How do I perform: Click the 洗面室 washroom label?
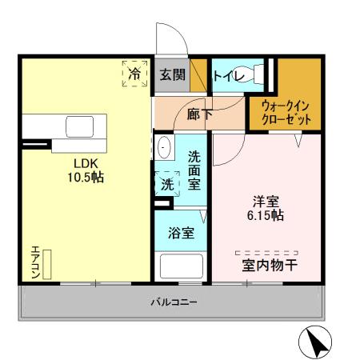click(x=194, y=170)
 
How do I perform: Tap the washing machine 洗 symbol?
click(x=166, y=182)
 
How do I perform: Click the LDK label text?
click(x=86, y=160)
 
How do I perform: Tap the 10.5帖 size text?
click(x=86, y=176)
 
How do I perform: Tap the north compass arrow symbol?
click(x=314, y=342)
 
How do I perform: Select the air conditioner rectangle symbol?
click(x=47, y=263)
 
